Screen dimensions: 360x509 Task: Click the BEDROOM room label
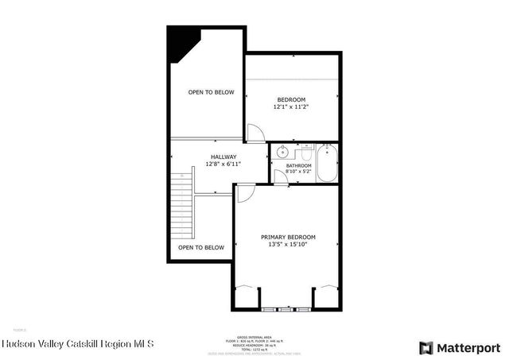pyautogui.click(x=291, y=99)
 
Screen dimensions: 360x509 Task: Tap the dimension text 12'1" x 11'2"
pyautogui.click(x=291, y=106)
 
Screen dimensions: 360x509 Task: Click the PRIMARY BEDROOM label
pyautogui.click(x=289, y=238)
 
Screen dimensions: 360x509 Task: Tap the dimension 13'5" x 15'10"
pyautogui.click(x=289, y=245)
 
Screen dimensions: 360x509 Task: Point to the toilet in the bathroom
pyautogui.click(x=304, y=150)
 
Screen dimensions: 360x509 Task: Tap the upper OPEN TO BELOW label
pyautogui.click(x=212, y=92)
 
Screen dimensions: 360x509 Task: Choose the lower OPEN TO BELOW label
pyautogui.click(x=201, y=247)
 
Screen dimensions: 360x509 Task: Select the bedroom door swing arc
pyautogui.click(x=255, y=134)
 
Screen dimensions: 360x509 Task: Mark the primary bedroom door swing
pyautogui.click(x=246, y=192)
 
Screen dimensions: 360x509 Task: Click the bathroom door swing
pyautogui.click(x=279, y=176)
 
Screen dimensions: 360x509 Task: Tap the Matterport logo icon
pyautogui.click(x=426, y=347)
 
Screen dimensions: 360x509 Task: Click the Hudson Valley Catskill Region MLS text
pyautogui.click(x=78, y=345)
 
